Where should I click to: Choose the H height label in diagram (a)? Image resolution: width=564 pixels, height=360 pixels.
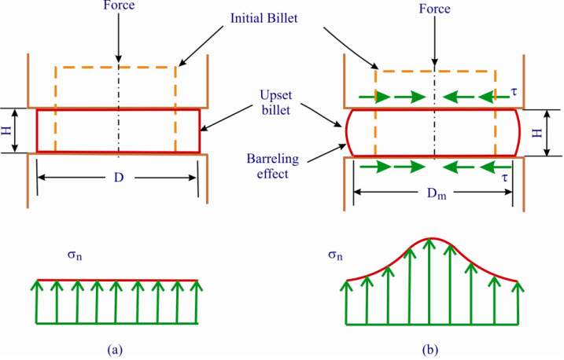click(x=9, y=130)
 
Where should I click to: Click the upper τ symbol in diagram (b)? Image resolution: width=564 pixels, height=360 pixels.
click(x=514, y=90)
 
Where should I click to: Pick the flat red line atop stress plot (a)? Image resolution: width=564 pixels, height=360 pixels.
click(x=118, y=279)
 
